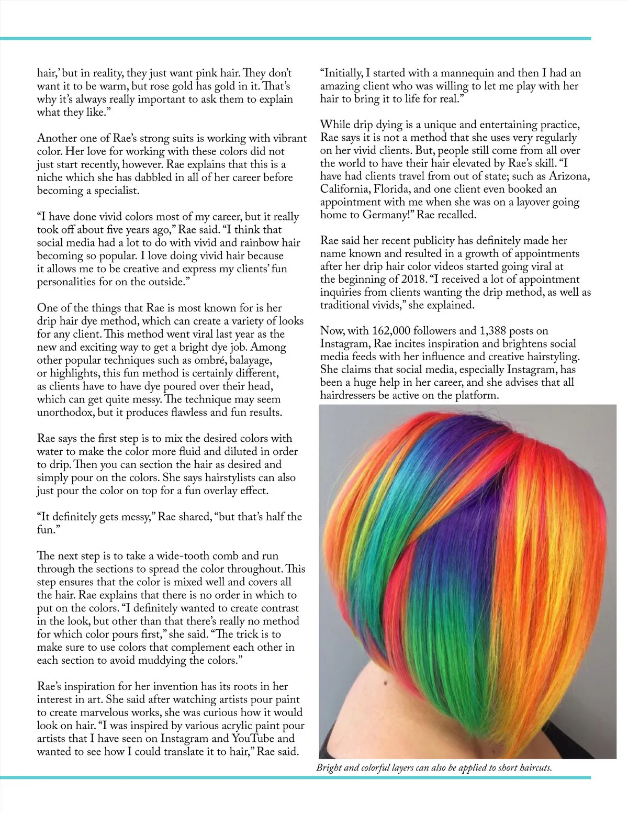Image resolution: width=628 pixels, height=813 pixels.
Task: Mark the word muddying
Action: point(169,660)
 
